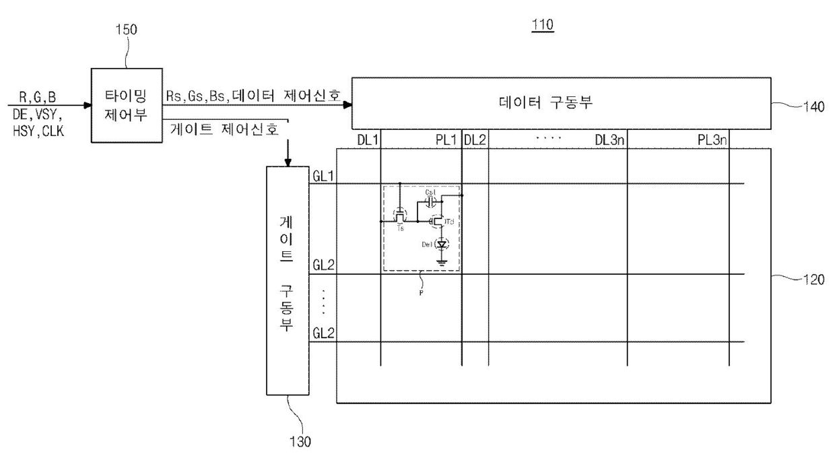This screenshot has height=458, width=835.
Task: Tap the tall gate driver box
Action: [x=288, y=279]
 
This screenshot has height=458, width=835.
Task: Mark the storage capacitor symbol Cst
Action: [x=431, y=202]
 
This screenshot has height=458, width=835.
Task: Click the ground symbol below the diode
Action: [x=442, y=262]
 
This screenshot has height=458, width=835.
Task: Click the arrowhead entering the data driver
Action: [x=347, y=105]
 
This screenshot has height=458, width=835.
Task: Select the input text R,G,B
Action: [x=37, y=98]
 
